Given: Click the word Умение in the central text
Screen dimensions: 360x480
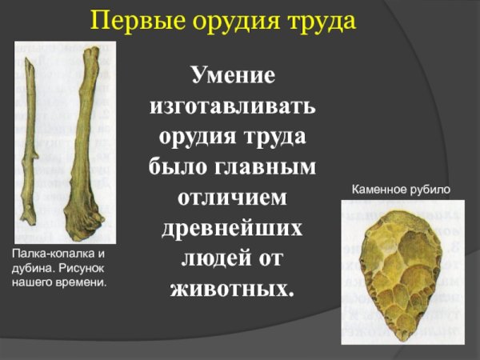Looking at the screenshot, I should point(233,77).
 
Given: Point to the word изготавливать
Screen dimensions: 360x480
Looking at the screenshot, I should point(233,107).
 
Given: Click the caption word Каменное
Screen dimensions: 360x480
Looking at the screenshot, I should point(378,190).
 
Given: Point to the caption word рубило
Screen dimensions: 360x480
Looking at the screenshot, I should point(433,190).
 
